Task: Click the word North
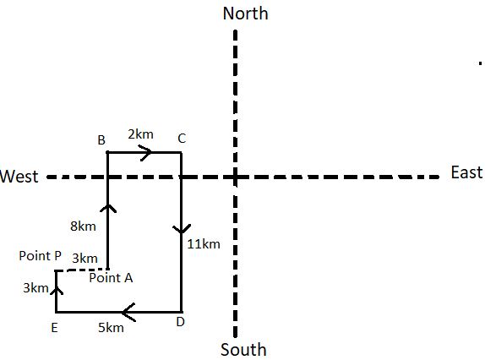click(245, 14)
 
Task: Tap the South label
click(243, 350)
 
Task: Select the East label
click(466, 172)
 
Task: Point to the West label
click(19, 177)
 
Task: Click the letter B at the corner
click(101, 140)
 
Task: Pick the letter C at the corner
click(182, 139)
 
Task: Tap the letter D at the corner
click(180, 322)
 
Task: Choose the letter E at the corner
click(54, 328)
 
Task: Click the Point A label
click(111, 278)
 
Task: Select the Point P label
click(41, 256)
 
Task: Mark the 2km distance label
click(141, 134)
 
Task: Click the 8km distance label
click(83, 226)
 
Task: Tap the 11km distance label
click(204, 244)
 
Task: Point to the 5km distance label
click(111, 328)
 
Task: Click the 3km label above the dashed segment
click(85, 259)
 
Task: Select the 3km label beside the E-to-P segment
click(35, 288)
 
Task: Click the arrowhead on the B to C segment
click(146, 152)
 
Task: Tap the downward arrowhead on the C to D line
click(182, 229)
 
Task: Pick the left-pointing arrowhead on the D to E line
click(128, 312)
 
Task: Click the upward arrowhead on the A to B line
click(108, 209)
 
